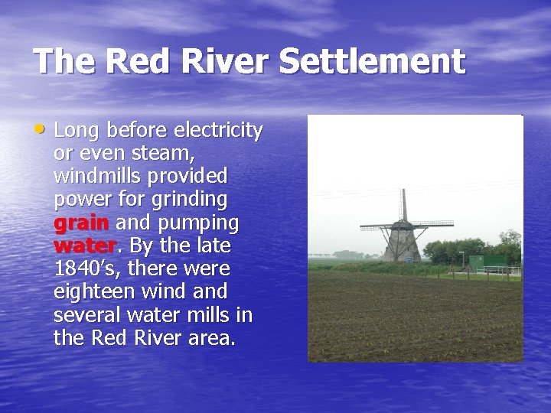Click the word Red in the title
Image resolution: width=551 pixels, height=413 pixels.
click(129, 61)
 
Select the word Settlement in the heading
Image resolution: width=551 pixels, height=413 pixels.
click(372, 61)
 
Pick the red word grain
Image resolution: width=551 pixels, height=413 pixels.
click(82, 223)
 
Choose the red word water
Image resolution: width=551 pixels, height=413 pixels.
click(84, 246)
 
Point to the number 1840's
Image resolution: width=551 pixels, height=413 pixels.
click(85, 269)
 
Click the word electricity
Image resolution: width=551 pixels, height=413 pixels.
click(220, 130)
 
